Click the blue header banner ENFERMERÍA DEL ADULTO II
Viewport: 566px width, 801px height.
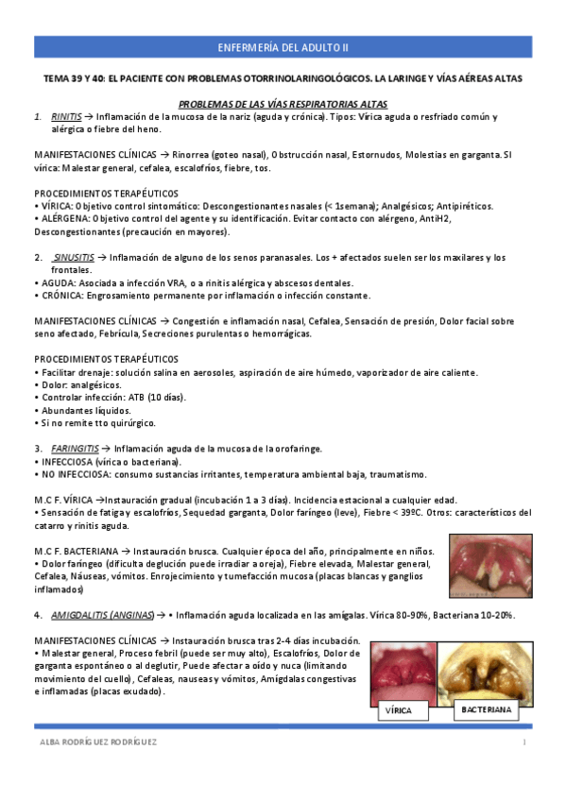coord(283,47)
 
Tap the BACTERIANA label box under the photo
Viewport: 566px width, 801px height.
coord(488,707)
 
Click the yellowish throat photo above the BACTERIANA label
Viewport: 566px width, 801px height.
coord(488,668)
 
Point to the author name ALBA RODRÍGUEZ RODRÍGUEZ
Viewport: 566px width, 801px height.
coord(94,742)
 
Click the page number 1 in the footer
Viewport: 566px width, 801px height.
coord(523,742)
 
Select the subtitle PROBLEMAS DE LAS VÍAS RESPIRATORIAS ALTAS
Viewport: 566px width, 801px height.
coord(283,103)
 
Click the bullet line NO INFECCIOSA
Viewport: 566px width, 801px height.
coord(230,474)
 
